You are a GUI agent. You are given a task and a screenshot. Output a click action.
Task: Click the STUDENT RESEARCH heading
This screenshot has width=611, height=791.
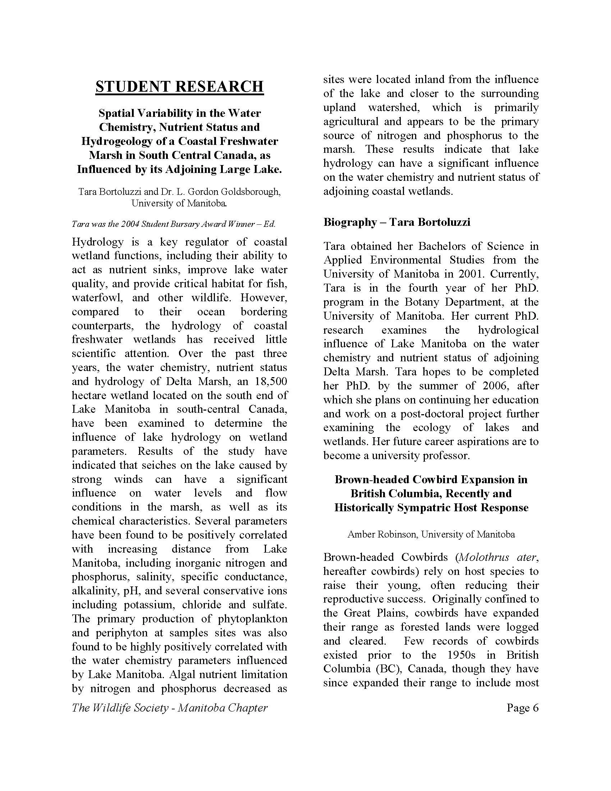(180, 87)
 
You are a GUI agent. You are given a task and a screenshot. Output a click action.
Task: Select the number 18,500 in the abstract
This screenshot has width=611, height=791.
(268, 381)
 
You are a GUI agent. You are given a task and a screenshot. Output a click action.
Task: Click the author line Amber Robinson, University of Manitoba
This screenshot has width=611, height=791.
(431, 534)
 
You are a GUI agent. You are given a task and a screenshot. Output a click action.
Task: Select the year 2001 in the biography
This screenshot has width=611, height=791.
(474, 274)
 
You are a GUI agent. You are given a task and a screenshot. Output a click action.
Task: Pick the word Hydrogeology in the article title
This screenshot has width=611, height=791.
(116, 141)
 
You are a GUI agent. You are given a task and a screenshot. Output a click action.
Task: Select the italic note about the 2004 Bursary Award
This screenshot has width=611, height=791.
(173, 224)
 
